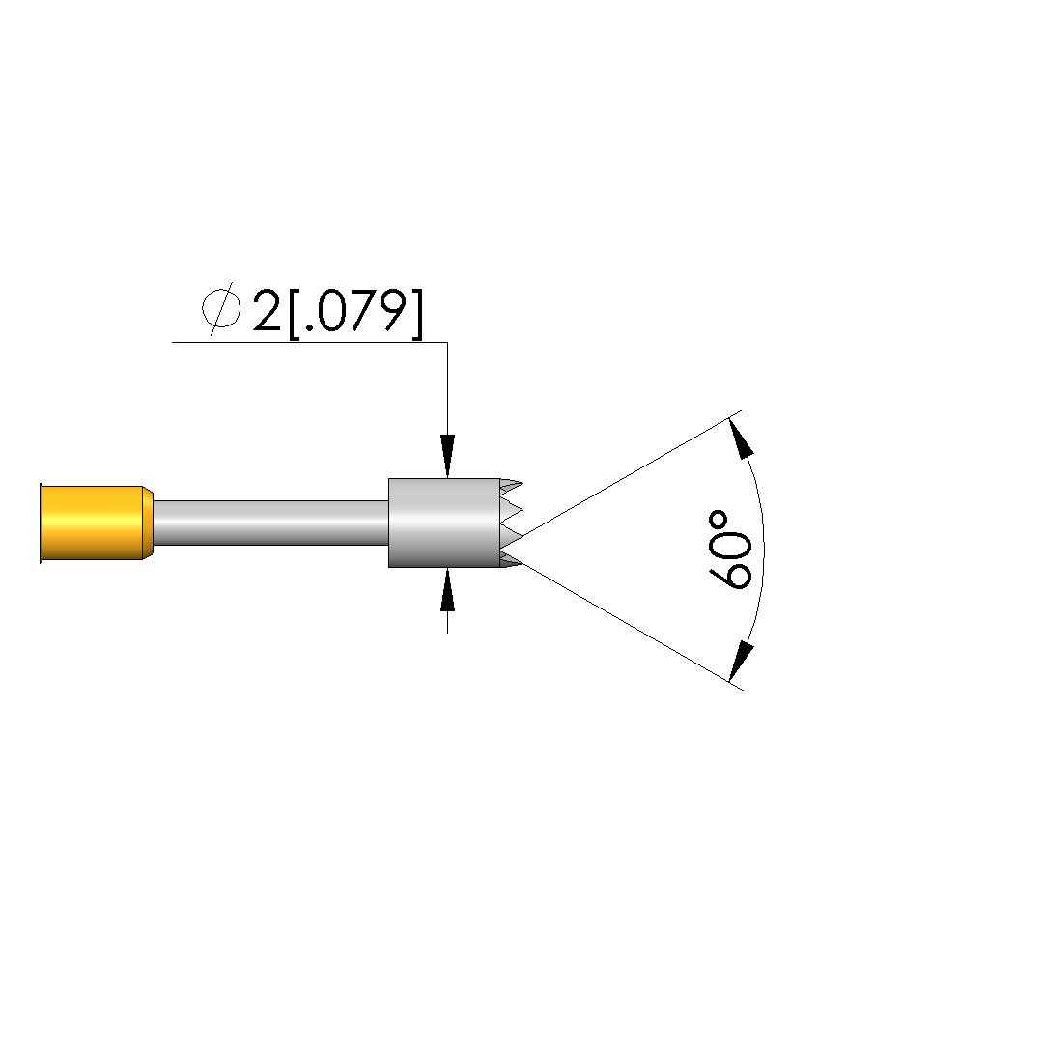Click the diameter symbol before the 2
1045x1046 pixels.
(x=221, y=308)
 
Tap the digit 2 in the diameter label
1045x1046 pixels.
(x=267, y=310)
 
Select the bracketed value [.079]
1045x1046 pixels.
(x=355, y=313)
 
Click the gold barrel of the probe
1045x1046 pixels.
(x=94, y=523)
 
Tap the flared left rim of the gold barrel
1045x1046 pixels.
(x=42, y=523)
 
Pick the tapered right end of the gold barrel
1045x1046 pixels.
(x=148, y=523)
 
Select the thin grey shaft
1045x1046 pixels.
(x=270, y=523)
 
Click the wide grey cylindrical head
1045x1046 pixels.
(x=444, y=523)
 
